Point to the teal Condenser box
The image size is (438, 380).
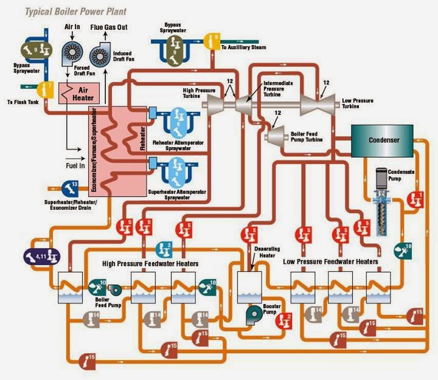(x=381, y=140)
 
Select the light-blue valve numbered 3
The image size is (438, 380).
(x=164, y=248)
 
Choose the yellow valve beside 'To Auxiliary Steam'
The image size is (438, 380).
(x=212, y=40)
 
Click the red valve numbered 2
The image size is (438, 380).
(x=287, y=316)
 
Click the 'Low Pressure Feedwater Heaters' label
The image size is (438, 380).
(x=331, y=261)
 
